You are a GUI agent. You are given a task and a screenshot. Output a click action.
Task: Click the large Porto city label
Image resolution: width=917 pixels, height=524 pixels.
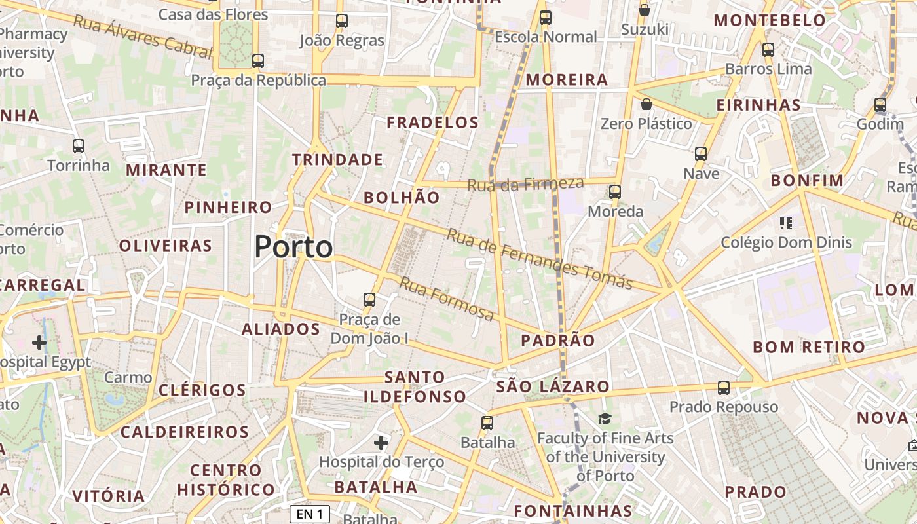pyautogui.click(x=293, y=248)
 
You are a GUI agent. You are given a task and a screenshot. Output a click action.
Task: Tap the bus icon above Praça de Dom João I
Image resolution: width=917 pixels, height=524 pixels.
pyautogui.click(x=369, y=300)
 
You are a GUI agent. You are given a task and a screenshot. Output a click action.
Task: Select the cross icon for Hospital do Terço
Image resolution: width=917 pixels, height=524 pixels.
pyautogui.click(x=381, y=443)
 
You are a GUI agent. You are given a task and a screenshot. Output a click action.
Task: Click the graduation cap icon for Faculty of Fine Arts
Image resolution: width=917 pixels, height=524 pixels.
pyautogui.click(x=605, y=418)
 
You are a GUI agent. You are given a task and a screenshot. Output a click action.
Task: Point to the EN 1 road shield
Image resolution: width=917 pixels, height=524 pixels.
pyautogui.click(x=309, y=514)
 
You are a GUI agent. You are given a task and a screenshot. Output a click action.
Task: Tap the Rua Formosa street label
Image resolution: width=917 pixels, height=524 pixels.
pyautogui.click(x=447, y=299)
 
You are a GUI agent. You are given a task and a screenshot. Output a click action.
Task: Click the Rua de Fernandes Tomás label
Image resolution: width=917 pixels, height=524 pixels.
pyautogui.click(x=539, y=258)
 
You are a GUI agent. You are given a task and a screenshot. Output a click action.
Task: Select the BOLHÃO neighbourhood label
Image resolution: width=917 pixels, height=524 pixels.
pyautogui.click(x=402, y=197)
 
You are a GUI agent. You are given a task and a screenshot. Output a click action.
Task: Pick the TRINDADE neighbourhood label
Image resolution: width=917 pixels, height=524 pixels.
pyautogui.click(x=337, y=160)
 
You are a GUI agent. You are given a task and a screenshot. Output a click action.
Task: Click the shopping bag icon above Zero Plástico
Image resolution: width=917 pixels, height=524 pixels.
pyautogui.click(x=646, y=104)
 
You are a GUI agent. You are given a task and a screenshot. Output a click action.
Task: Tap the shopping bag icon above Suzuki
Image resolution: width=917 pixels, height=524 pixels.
pyautogui.click(x=645, y=10)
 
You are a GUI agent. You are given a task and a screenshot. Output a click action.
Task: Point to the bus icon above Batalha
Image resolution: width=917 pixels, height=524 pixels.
pyautogui.click(x=487, y=423)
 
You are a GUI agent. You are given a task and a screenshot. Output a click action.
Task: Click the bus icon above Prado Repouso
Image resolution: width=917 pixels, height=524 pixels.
pyautogui.click(x=724, y=388)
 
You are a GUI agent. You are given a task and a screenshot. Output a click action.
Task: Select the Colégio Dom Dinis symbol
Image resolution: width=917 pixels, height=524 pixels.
pyautogui.click(x=786, y=223)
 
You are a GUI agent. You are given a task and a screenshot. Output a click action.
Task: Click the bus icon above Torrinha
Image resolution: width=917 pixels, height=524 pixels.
pyautogui.click(x=79, y=146)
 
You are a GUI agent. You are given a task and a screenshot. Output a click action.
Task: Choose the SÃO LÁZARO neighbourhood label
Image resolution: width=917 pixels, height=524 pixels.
pyautogui.click(x=553, y=386)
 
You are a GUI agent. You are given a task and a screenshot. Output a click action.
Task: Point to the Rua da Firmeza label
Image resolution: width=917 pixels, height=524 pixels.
pyautogui.click(x=525, y=185)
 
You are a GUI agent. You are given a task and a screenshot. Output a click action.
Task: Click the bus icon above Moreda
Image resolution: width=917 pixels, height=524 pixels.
pyautogui.click(x=614, y=192)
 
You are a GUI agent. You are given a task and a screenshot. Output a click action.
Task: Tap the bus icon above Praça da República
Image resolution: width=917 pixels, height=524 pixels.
pyautogui.click(x=258, y=61)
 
